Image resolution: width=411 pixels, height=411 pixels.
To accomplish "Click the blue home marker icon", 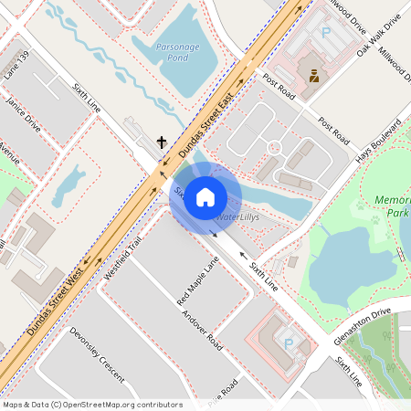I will pyautogui.click(x=205, y=197).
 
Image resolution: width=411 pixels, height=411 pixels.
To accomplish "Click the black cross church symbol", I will pyautogui.click(x=163, y=142).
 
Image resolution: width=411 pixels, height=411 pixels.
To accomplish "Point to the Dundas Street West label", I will pyautogui.click(x=56, y=300).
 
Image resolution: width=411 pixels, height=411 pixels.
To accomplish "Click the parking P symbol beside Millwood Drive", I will pyautogui.click(x=325, y=32).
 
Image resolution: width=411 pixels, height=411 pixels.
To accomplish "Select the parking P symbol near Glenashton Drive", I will pyautogui.click(x=290, y=343).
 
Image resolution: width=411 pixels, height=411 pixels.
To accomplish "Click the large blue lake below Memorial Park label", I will pyautogui.click(x=347, y=265).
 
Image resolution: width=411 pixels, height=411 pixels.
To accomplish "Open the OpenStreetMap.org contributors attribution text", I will pyautogui.click(x=119, y=405).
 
